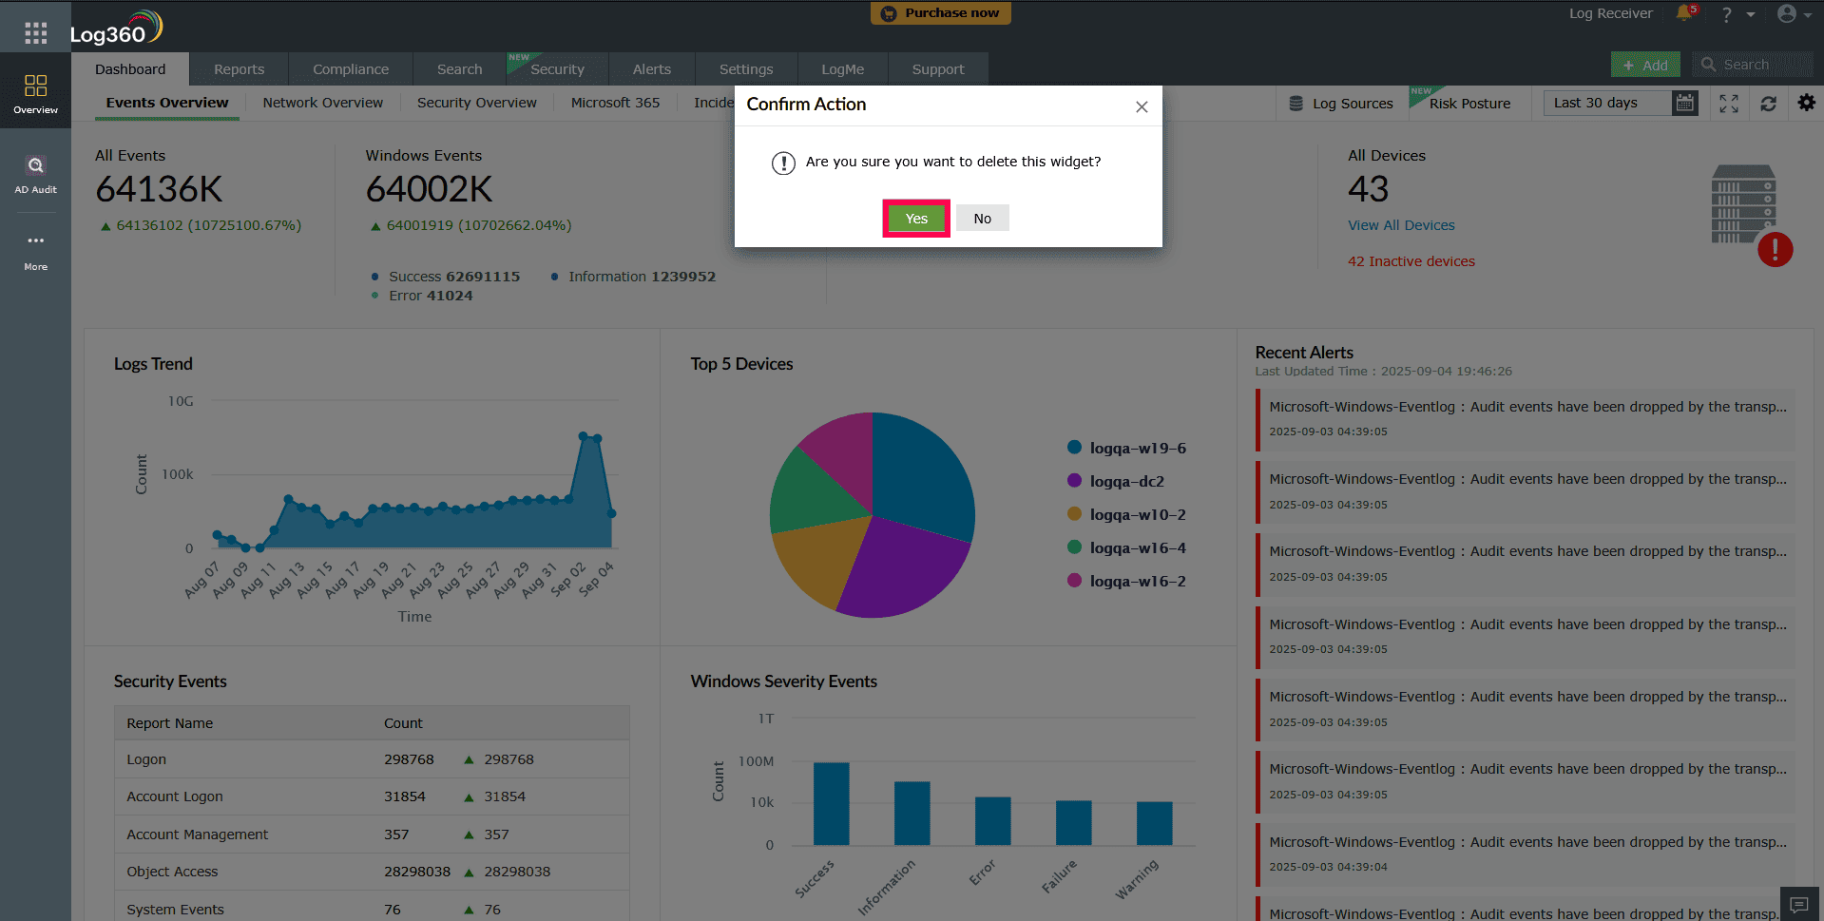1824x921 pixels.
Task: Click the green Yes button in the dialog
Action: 916,219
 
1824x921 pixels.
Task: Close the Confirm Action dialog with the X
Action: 1142,106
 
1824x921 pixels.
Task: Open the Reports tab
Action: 239,69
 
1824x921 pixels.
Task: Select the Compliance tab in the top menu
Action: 351,69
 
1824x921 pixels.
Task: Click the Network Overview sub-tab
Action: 323,103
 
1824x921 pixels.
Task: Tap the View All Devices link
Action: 1401,225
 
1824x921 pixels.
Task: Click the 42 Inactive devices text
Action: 1411,261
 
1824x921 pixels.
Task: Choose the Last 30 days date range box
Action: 1607,103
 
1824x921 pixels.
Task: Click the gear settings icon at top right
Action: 1806,103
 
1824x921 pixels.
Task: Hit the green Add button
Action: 1645,65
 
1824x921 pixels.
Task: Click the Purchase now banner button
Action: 941,13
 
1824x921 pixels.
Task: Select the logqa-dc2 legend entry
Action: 1126,481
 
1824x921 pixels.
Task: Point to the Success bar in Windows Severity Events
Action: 831,803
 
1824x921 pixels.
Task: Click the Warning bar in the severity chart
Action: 1154,823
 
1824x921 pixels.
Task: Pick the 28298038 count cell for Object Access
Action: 416,872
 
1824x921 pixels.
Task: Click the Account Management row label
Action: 198,835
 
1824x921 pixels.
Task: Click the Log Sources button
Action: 1341,104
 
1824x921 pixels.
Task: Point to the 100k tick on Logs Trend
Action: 178,474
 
